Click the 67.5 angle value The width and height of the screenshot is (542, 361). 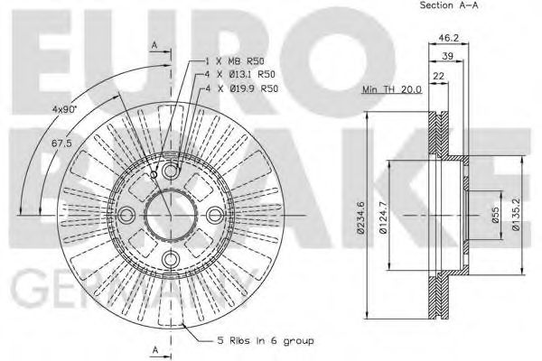coord(61,143)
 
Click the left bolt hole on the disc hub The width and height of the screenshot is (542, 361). coord(127,214)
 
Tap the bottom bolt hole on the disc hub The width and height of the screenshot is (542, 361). coord(172,258)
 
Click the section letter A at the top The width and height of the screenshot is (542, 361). coord(154,44)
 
